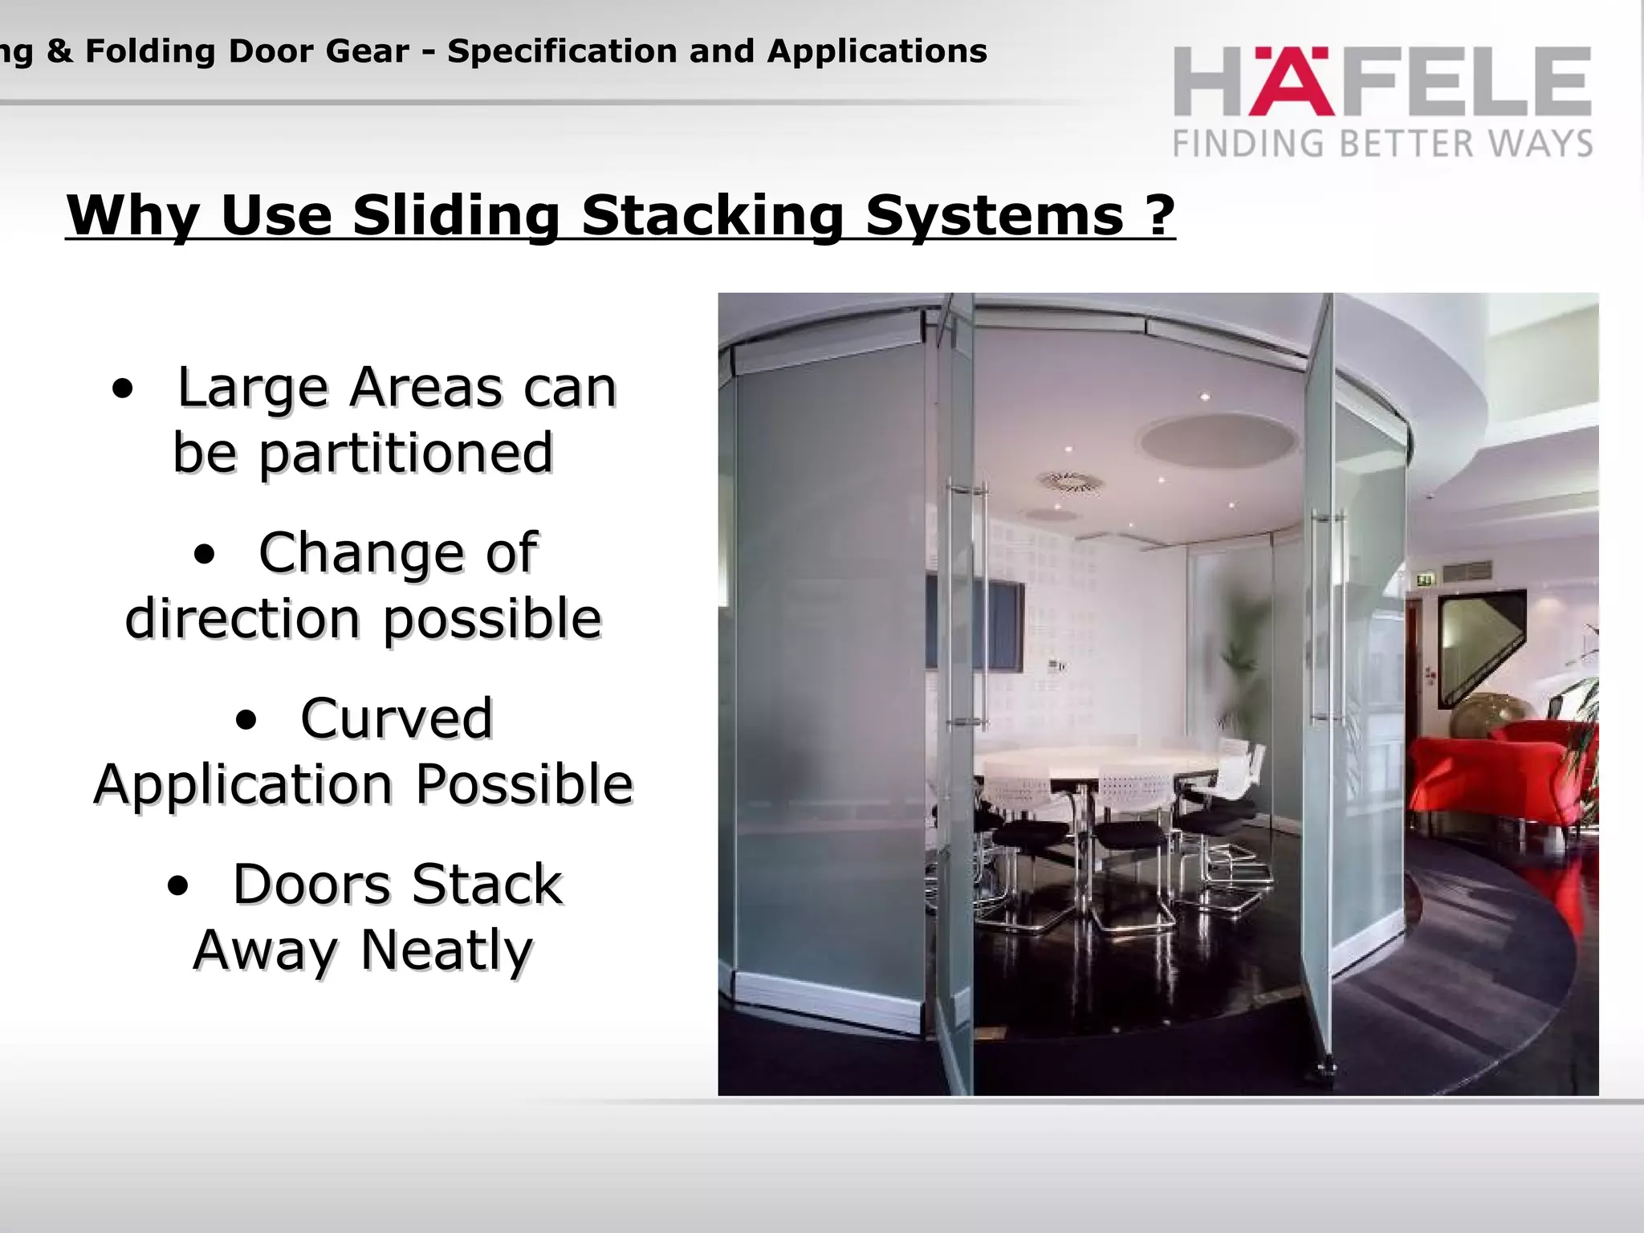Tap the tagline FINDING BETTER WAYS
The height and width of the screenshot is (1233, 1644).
1382,144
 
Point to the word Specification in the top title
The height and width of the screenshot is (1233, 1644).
560,51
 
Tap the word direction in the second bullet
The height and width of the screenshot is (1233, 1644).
242,619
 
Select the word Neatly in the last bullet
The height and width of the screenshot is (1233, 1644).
446,950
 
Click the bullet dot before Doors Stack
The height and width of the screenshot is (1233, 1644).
178,886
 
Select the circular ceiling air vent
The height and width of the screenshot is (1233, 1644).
1068,482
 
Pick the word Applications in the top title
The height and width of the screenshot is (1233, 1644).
877,51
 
